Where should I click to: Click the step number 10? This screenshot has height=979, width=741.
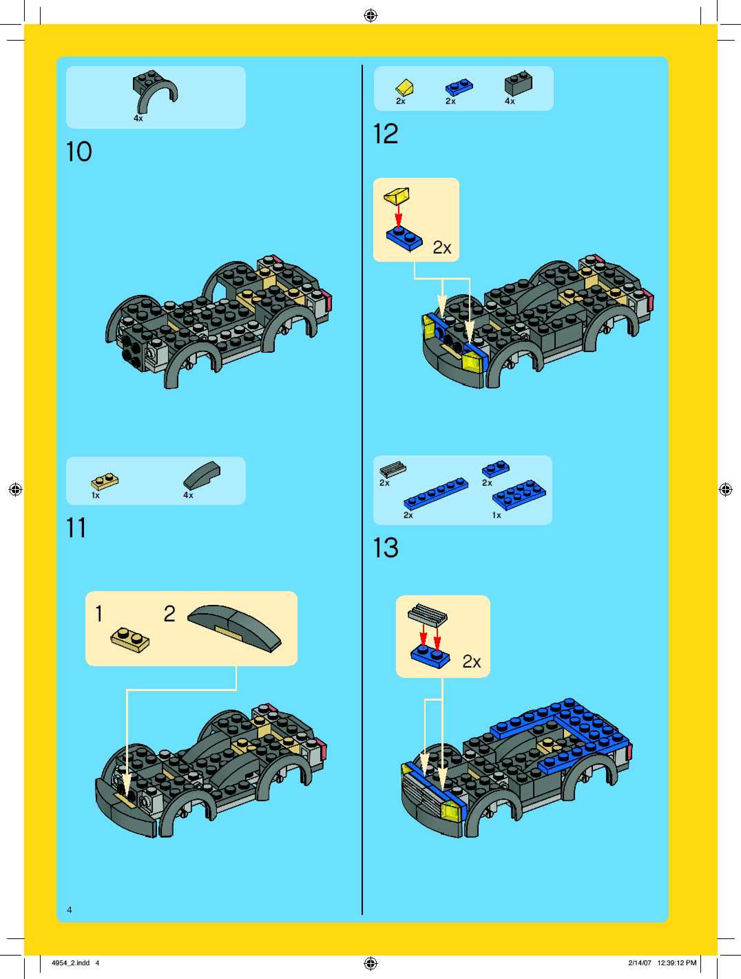[x=79, y=152]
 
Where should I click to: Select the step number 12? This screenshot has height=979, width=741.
[x=386, y=134]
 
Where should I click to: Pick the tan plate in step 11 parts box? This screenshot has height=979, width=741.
[x=105, y=481]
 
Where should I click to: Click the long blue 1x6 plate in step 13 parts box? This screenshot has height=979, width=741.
[x=436, y=494]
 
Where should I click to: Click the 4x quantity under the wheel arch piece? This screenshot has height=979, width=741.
[x=138, y=118]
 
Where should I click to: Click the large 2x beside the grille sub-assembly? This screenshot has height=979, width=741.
[x=472, y=662]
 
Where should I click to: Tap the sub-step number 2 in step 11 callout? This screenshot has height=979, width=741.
[x=169, y=614]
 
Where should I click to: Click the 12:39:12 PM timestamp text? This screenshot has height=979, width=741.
[x=677, y=962]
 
